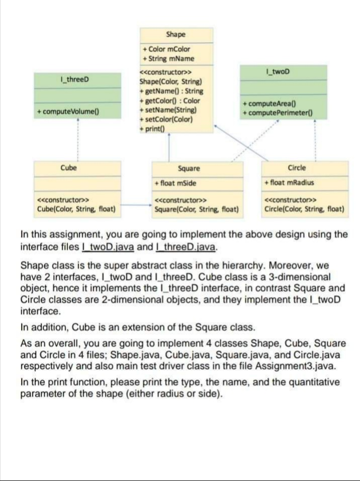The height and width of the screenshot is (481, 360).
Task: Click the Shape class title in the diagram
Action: (x=175, y=35)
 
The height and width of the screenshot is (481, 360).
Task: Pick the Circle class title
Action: (x=297, y=168)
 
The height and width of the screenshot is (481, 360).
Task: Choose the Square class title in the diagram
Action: (x=189, y=169)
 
